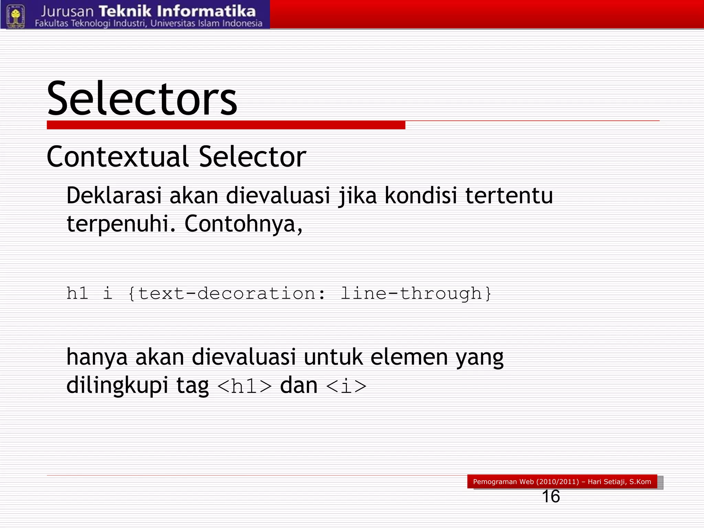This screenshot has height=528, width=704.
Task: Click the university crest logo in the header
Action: tap(16, 15)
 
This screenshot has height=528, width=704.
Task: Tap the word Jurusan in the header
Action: tap(67, 12)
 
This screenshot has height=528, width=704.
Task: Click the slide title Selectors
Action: tap(142, 99)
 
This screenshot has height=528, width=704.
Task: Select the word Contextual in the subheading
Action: tap(118, 157)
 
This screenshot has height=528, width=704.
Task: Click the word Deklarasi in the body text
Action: tap(114, 195)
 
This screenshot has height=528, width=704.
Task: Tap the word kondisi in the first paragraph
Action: tap(421, 195)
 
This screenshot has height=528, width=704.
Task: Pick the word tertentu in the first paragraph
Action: tap(509, 195)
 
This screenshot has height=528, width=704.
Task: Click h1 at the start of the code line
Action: tap(77, 294)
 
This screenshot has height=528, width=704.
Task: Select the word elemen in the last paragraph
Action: tap(409, 357)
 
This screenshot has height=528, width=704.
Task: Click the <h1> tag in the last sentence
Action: tap(245, 386)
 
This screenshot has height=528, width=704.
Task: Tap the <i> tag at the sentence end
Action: tap(346, 386)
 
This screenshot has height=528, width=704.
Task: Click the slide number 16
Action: tap(551, 496)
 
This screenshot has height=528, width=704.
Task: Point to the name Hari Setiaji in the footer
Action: tap(607, 482)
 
